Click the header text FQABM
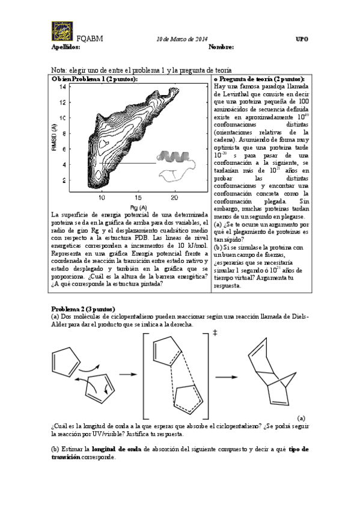tap(91, 39)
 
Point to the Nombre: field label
tap(221, 47)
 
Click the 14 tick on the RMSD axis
tap(62, 87)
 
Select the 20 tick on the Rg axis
tap(174, 197)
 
